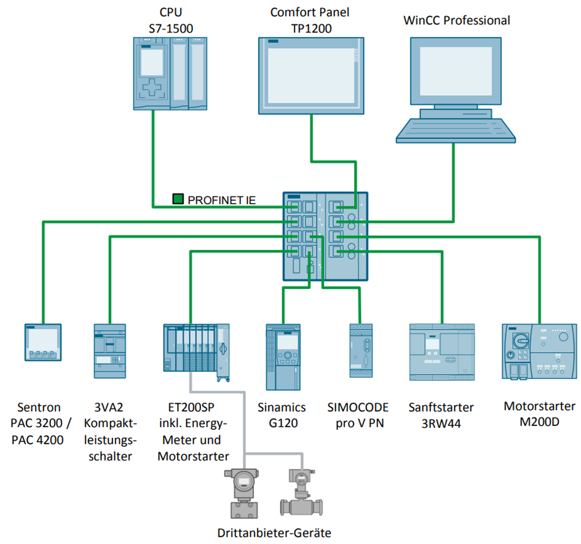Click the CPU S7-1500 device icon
(x=170, y=73)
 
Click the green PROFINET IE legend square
(x=178, y=199)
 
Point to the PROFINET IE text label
(x=221, y=200)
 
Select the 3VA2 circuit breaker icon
(x=109, y=350)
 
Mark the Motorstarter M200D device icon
(x=539, y=350)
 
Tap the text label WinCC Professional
(x=456, y=20)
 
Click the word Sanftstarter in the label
(x=441, y=406)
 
